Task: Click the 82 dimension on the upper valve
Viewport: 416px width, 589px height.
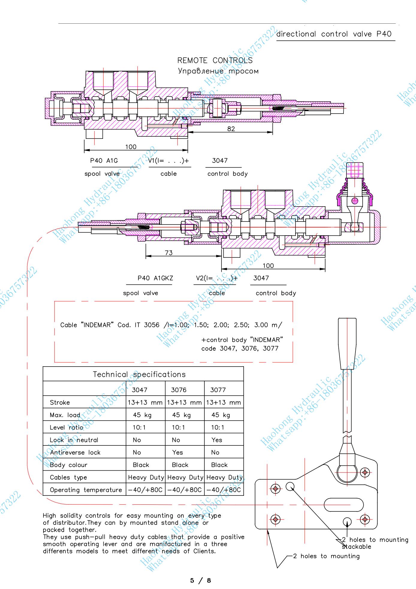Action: [x=231, y=129]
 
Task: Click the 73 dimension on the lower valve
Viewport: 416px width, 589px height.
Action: [x=169, y=253]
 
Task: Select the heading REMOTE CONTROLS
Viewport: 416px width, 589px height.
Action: [x=215, y=61]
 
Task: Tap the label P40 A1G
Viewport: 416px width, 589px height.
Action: [x=104, y=161]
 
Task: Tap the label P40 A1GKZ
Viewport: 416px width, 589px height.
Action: [x=155, y=278]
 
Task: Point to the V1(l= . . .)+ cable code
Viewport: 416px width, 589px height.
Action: [x=169, y=161]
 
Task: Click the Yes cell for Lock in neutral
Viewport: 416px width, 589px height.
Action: [x=217, y=440]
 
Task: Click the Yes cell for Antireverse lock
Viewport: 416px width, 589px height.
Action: [x=177, y=452]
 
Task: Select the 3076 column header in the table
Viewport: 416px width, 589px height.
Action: [x=179, y=390]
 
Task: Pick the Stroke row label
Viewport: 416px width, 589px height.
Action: [x=60, y=403]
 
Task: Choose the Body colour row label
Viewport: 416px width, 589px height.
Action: [x=69, y=465]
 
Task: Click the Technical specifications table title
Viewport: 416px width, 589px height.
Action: [x=139, y=374]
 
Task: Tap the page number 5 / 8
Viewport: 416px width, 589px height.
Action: [x=201, y=581]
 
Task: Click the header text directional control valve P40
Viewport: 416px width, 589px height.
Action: [x=334, y=34]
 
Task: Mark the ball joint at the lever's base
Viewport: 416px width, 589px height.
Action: [x=347, y=473]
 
